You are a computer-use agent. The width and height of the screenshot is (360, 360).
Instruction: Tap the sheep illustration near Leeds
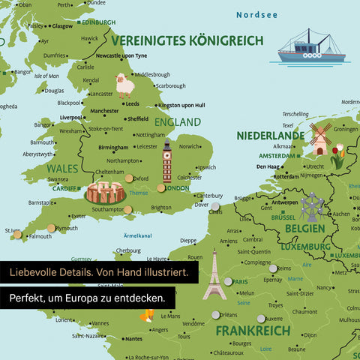[x=124, y=85]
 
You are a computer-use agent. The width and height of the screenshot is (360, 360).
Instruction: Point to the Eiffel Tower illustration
[x=214, y=276]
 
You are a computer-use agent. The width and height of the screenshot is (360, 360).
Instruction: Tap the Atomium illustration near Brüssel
[x=311, y=205]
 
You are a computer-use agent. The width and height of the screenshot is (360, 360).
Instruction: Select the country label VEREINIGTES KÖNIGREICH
[x=187, y=40]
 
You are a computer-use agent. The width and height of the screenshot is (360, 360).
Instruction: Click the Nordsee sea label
[x=257, y=14]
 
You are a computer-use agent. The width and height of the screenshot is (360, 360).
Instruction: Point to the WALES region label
[x=63, y=169]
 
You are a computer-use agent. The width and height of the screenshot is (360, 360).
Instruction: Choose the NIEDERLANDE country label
[x=271, y=136]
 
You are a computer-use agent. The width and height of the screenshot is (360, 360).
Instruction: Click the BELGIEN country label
[x=304, y=228]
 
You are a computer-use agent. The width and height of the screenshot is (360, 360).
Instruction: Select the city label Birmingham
[x=113, y=148]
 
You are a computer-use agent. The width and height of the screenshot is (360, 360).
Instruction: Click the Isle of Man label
[x=46, y=76]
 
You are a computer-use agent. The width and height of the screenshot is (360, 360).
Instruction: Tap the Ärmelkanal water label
[x=137, y=236]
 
